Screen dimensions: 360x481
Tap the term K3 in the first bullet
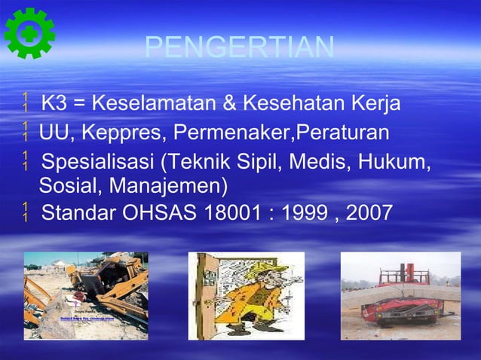point(54,102)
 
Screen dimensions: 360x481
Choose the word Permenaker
point(233,134)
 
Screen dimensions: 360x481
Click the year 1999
point(307,214)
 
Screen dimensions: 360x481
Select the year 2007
point(369,214)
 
